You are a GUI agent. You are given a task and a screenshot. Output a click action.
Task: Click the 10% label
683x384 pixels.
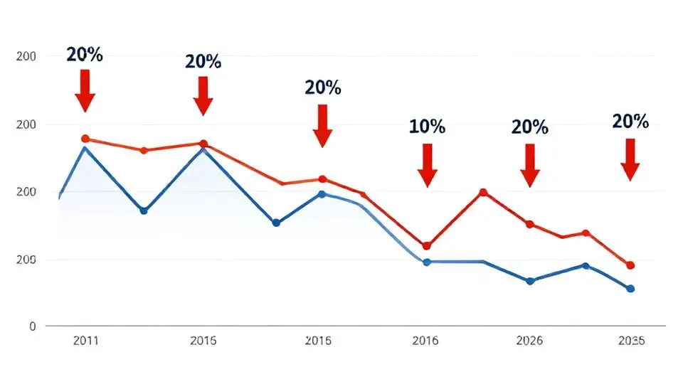pyautogui.click(x=427, y=127)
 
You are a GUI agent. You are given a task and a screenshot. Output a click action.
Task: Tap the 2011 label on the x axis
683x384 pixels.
pyautogui.click(x=86, y=341)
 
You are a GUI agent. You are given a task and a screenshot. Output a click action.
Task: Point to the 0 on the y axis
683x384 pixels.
pyautogui.click(x=31, y=326)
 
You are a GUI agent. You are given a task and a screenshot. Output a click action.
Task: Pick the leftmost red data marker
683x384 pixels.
pyautogui.click(x=85, y=139)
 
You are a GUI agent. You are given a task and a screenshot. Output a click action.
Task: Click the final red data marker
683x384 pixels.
pyautogui.click(x=630, y=265)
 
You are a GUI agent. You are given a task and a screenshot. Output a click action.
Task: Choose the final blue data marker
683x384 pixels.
pyautogui.click(x=630, y=289)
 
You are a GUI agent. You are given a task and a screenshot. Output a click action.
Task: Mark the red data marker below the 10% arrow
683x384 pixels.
pyautogui.click(x=427, y=246)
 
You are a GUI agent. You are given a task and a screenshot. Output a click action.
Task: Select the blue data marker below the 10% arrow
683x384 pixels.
pyautogui.click(x=427, y=262)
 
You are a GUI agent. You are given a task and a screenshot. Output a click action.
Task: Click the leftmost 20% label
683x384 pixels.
pyautogui.click(x=85, y=55)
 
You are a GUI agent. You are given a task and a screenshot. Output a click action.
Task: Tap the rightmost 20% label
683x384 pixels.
pyautogui.click(x=630, y=122)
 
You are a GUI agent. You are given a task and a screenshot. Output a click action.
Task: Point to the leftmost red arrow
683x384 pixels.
pyautogui.click(x=85, y=90)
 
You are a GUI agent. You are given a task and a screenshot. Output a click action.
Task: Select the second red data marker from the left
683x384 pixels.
pyautogui.click(x=144, y=151)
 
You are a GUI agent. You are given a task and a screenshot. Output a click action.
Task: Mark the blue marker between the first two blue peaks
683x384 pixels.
pyautogui.click(x=144, y=210)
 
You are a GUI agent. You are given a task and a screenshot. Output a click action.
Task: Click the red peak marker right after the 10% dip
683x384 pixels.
pyautogui.click(x=483, y=193)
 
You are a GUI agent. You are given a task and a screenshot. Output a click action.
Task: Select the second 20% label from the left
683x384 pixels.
pyautogui.click(x=203, y=61)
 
